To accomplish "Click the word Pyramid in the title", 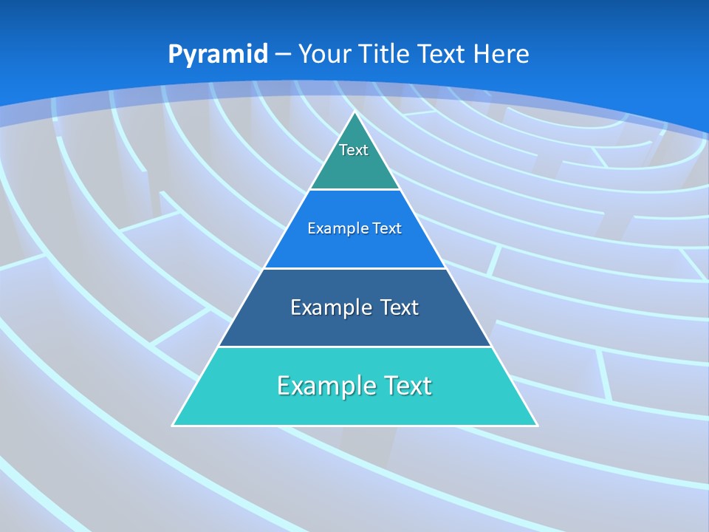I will click(x=218, y=55).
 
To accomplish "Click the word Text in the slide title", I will click(x=443, y=54).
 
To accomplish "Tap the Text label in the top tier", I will click(x=354, y=150).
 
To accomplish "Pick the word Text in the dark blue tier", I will click(x=400, y=307).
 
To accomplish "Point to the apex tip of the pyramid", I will click(x=354, y=112).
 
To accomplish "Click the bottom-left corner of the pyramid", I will click(x=174, y=425).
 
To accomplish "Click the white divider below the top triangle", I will click(x=354, y=190).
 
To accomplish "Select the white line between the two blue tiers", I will click(x=354, y=268).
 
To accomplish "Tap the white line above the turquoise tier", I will click(x=354, y=347).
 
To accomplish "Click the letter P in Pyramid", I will click(x=174, y=55).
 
